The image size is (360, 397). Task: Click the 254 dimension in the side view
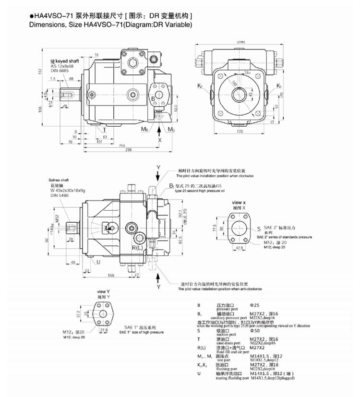click(123, 144)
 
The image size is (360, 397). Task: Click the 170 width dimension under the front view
click(240, 131)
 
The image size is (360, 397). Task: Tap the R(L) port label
click(137, 247)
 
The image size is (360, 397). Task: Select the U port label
click(98, 262)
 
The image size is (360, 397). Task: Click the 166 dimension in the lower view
click(111, 275)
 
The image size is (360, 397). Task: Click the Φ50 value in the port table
click(255, 331)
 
